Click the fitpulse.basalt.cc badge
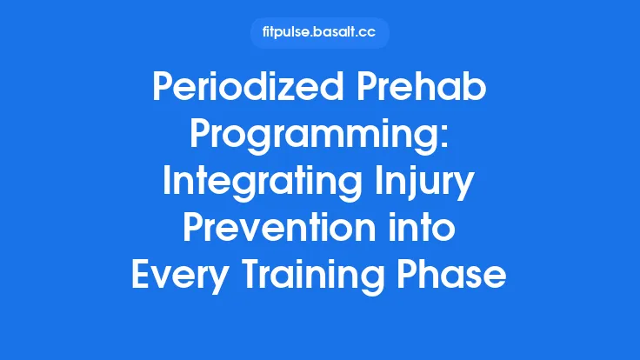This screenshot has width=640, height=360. (319, 33)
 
